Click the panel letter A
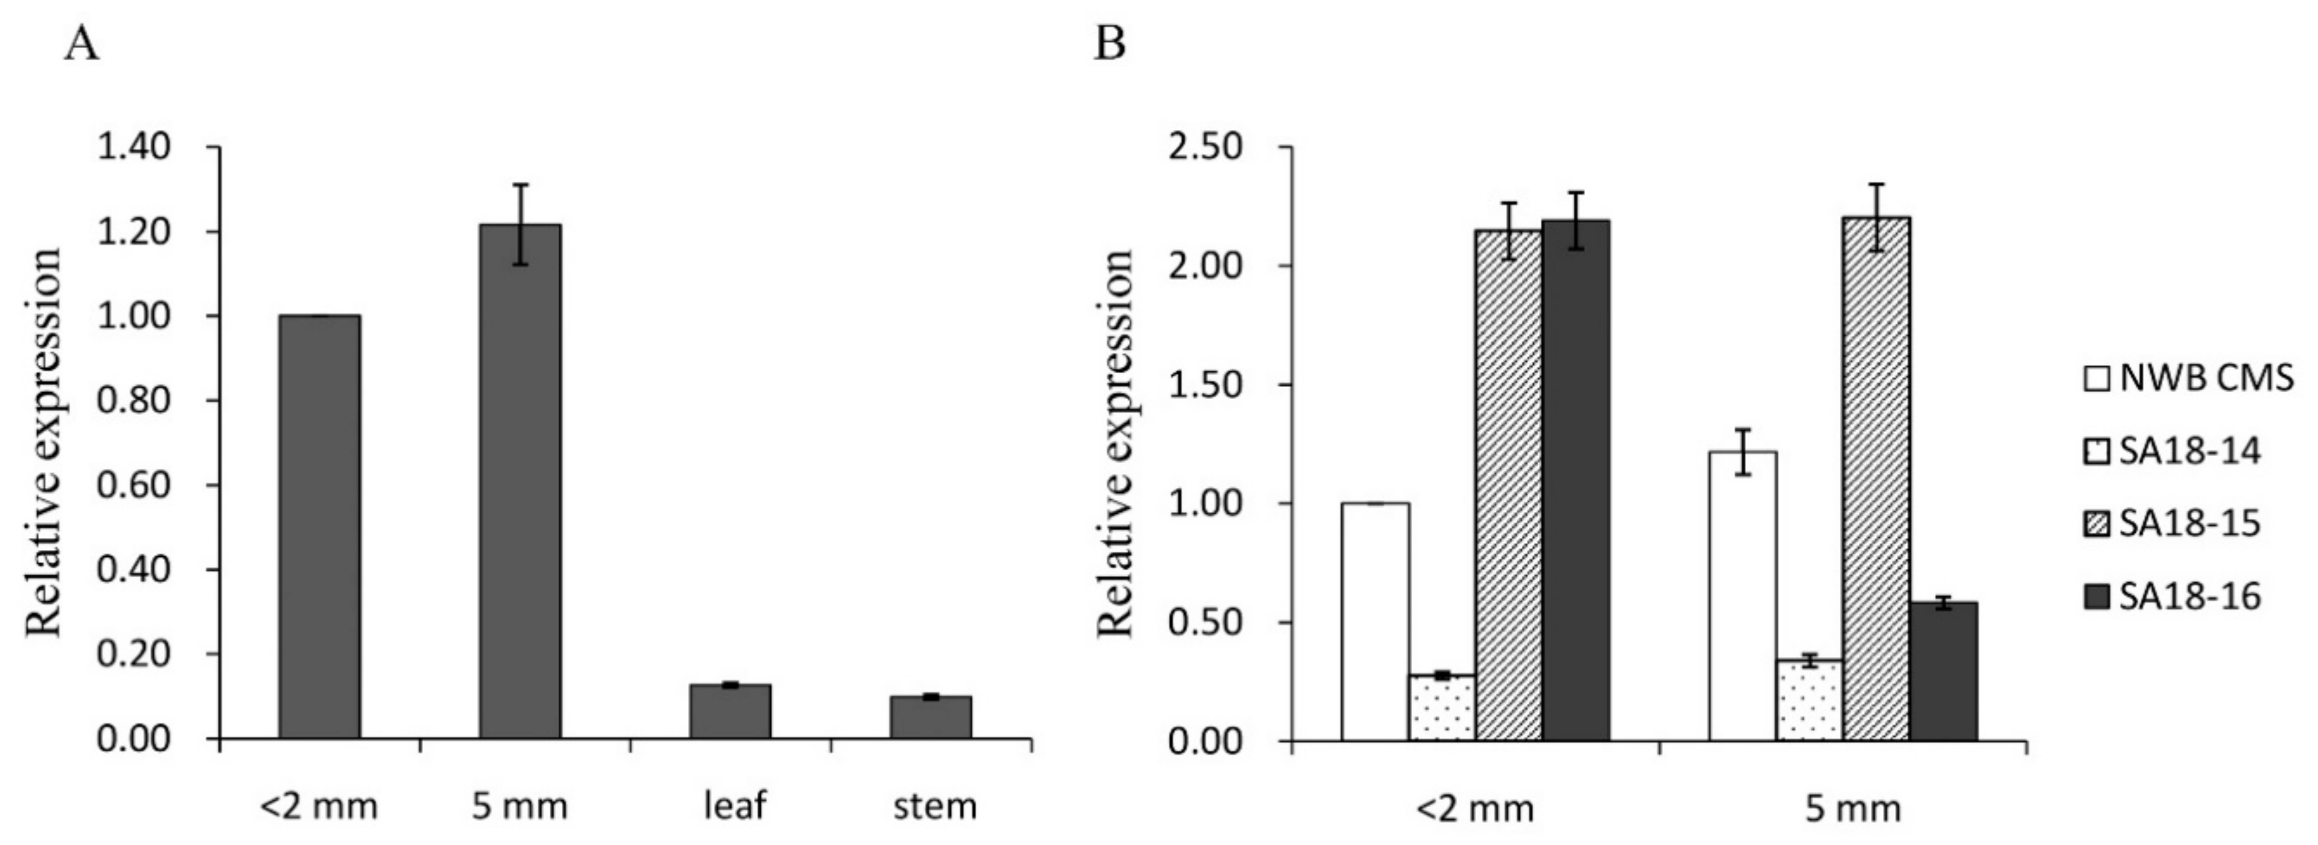pyautogui.click(x=82, y=43)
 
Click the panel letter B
pyautogui.click(x=1110, y=43)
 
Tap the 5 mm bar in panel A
pyautogui.click(x=519, y=481)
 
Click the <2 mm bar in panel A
pyautogui.click(x=320, y=527)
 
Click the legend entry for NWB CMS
pyautogui.click(x=2189, y=378)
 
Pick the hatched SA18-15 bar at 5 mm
pyautogui.click(x=1876, y=478)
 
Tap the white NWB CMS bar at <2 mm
pyautogui.click(x=1375, y=621)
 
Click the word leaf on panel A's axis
pyautogui.click(x=734, y=806)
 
